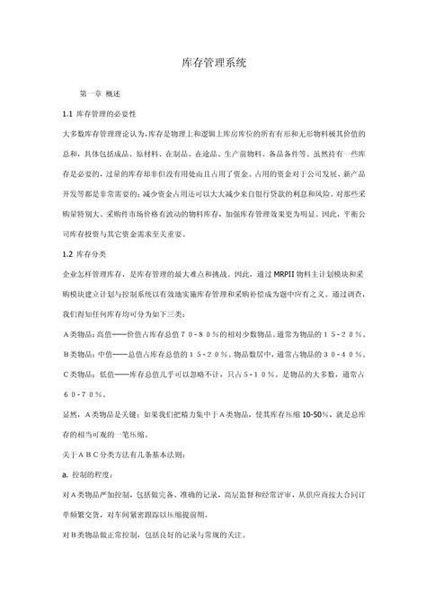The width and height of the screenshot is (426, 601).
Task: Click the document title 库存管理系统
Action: (x=213, y=64)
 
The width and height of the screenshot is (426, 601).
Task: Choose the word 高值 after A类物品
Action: (x=115, y=333)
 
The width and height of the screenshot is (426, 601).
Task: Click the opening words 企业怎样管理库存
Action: (x=94, y=274)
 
